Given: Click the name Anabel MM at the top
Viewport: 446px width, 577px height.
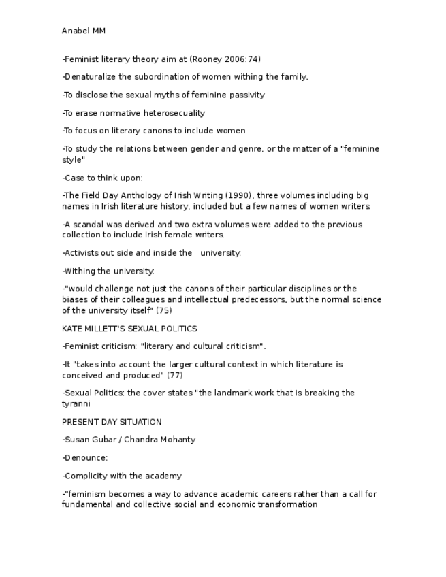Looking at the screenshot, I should (84, 31).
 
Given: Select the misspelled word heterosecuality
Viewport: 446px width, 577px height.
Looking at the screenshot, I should (174, 113).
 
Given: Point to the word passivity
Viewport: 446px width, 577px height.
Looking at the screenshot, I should (246, 95).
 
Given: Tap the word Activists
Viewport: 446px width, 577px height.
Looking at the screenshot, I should (82, 253).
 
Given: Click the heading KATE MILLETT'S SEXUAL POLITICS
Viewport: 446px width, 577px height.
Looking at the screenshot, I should (129, 329).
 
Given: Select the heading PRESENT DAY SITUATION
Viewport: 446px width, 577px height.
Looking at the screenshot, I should (112, 422).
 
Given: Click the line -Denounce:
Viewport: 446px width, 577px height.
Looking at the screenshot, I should (85, 458).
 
